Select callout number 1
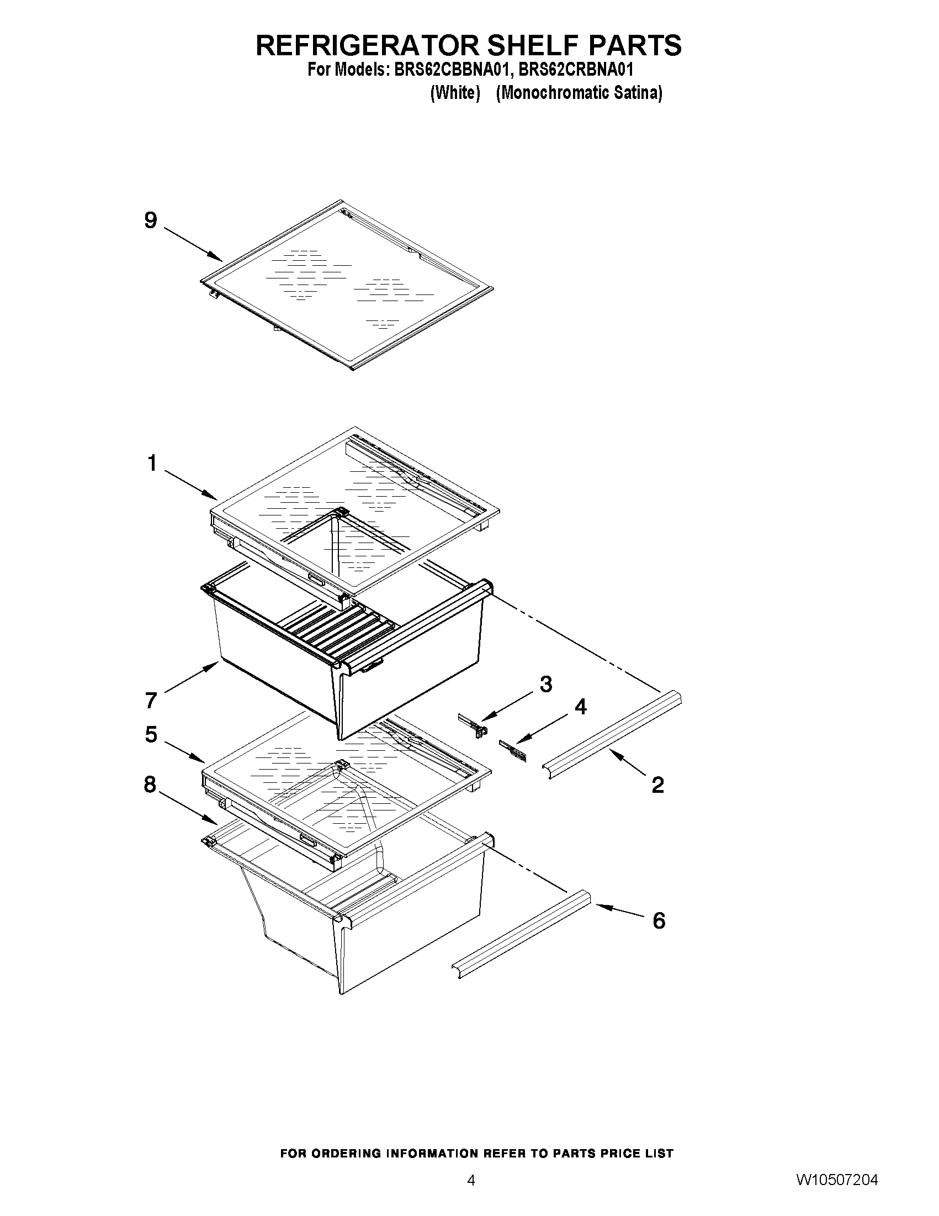[152, 462]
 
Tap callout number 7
[151, 700]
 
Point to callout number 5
[151, 734]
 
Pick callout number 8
[150, 785]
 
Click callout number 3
[546, 684]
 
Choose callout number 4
[580, 707]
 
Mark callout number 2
[657, 785]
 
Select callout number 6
[659, 921]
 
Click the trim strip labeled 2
[612, 734]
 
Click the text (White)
[455, 93]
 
